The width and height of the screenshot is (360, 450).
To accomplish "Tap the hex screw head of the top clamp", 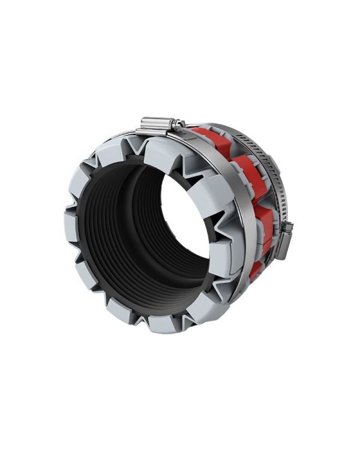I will pos(179,125).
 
